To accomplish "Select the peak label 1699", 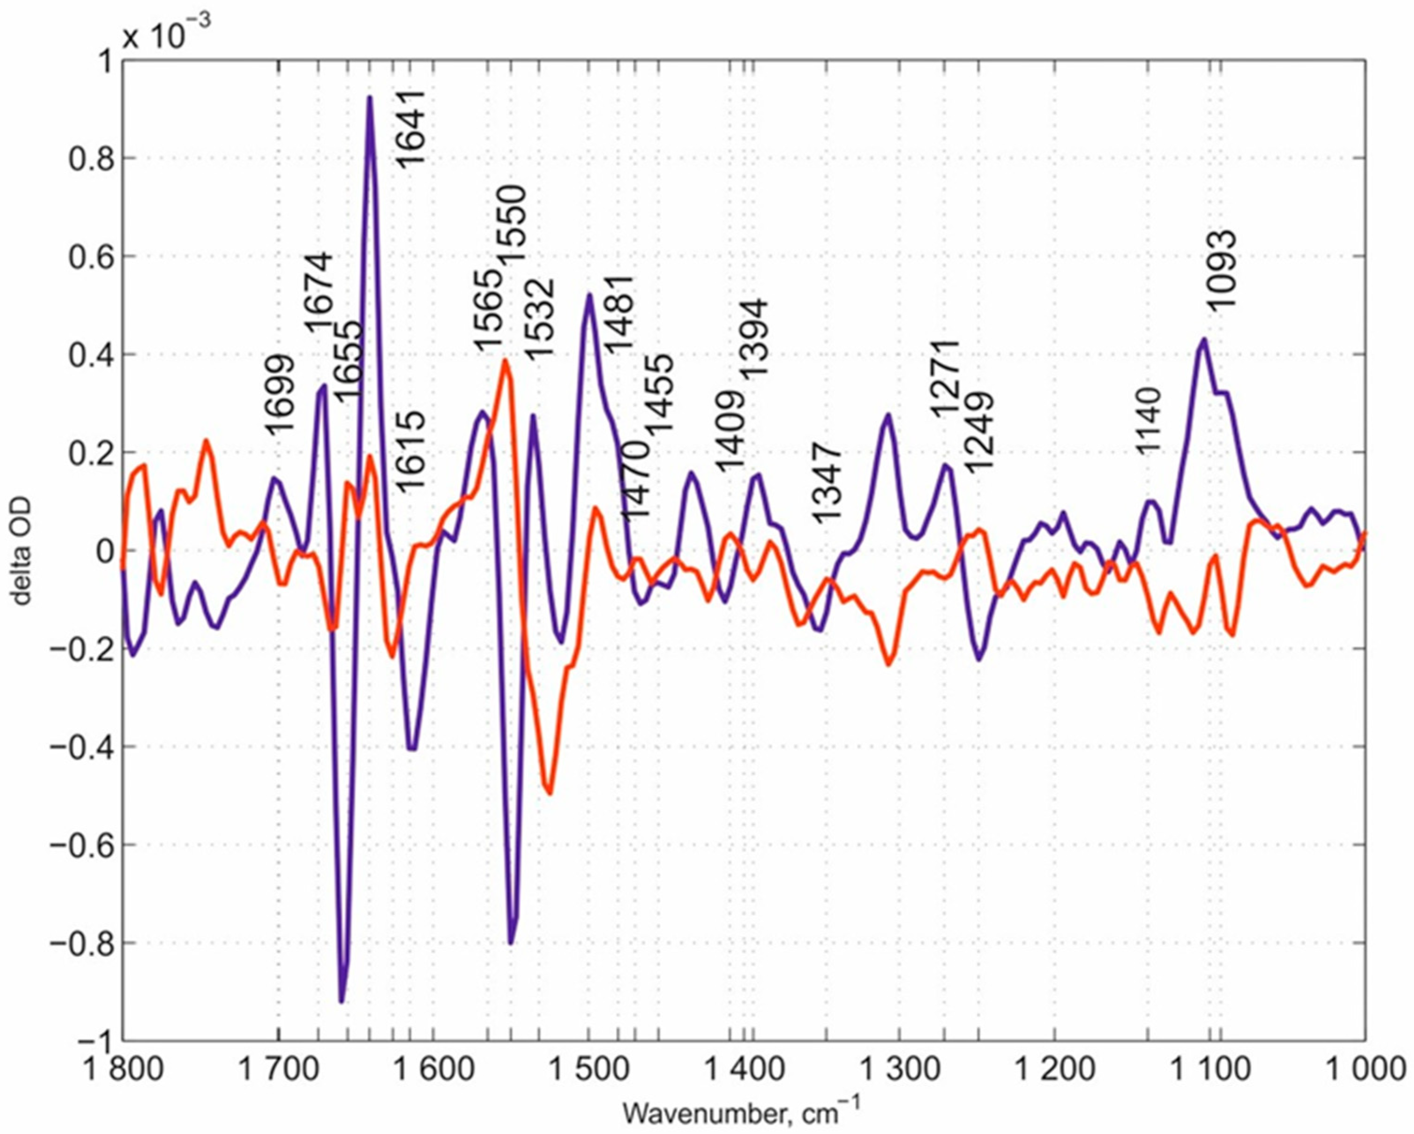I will tap(280, 394).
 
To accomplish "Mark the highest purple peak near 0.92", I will tap(370, 98).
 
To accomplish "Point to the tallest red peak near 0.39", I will tap(505, 360).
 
